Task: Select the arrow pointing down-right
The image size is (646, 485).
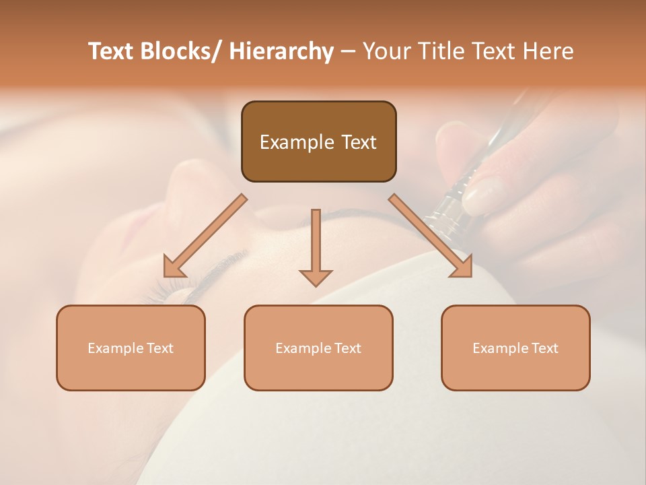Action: [431, 236]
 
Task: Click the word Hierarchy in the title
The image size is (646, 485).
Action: [281, 51]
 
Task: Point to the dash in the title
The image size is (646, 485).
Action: [348, 52]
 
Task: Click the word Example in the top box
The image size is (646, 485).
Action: [297, 142]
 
